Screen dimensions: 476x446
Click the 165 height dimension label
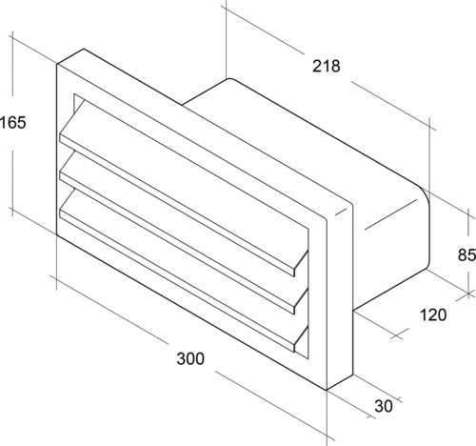(12, 123)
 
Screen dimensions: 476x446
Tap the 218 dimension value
(326, 66)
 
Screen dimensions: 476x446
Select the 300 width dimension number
(190, 358)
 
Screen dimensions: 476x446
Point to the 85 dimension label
(466, 254)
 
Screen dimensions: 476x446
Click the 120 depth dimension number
(433, 314)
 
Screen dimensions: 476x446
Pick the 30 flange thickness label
(384, 406)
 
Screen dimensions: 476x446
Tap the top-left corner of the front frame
(57, 64)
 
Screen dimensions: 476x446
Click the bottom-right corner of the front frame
(327, 390)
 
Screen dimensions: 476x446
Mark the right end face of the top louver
(301, 264)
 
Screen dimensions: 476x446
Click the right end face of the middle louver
(301, 301)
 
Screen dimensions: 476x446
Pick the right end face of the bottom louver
(301, 339)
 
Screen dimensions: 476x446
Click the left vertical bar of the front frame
(66, 150)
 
